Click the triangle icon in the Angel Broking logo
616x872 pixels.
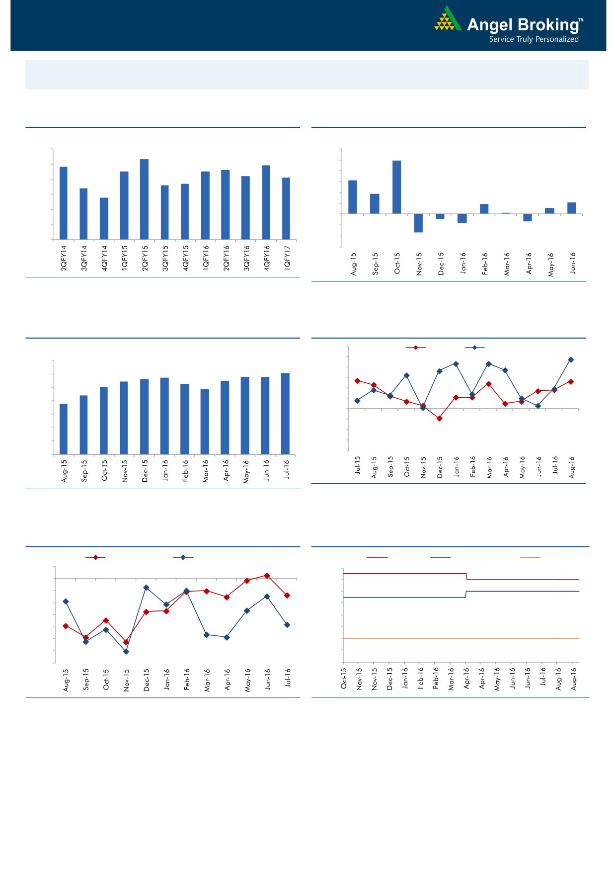pos(448,20)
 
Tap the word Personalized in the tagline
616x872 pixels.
pos(557,39)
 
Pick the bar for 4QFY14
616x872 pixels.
pos(104,218)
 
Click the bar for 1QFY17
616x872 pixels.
pos(286,208)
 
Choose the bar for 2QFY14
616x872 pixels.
pos(64,203)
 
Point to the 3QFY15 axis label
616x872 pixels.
pos(165,258)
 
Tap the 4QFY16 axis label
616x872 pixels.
pos(267,258)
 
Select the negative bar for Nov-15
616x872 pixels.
pos(418,223)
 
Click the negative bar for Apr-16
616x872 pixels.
pos(528,218)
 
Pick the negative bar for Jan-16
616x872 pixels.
pos(462,219)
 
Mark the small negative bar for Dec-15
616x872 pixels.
pos(440,217)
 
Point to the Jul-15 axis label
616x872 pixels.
pos(358,465)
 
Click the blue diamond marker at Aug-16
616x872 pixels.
pos(571,359)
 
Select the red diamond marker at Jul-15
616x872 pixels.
pos(357,381)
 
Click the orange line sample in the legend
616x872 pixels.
pos(530,557)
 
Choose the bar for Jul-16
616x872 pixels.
pos(285,413)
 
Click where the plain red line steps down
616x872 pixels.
pos(466,577)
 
